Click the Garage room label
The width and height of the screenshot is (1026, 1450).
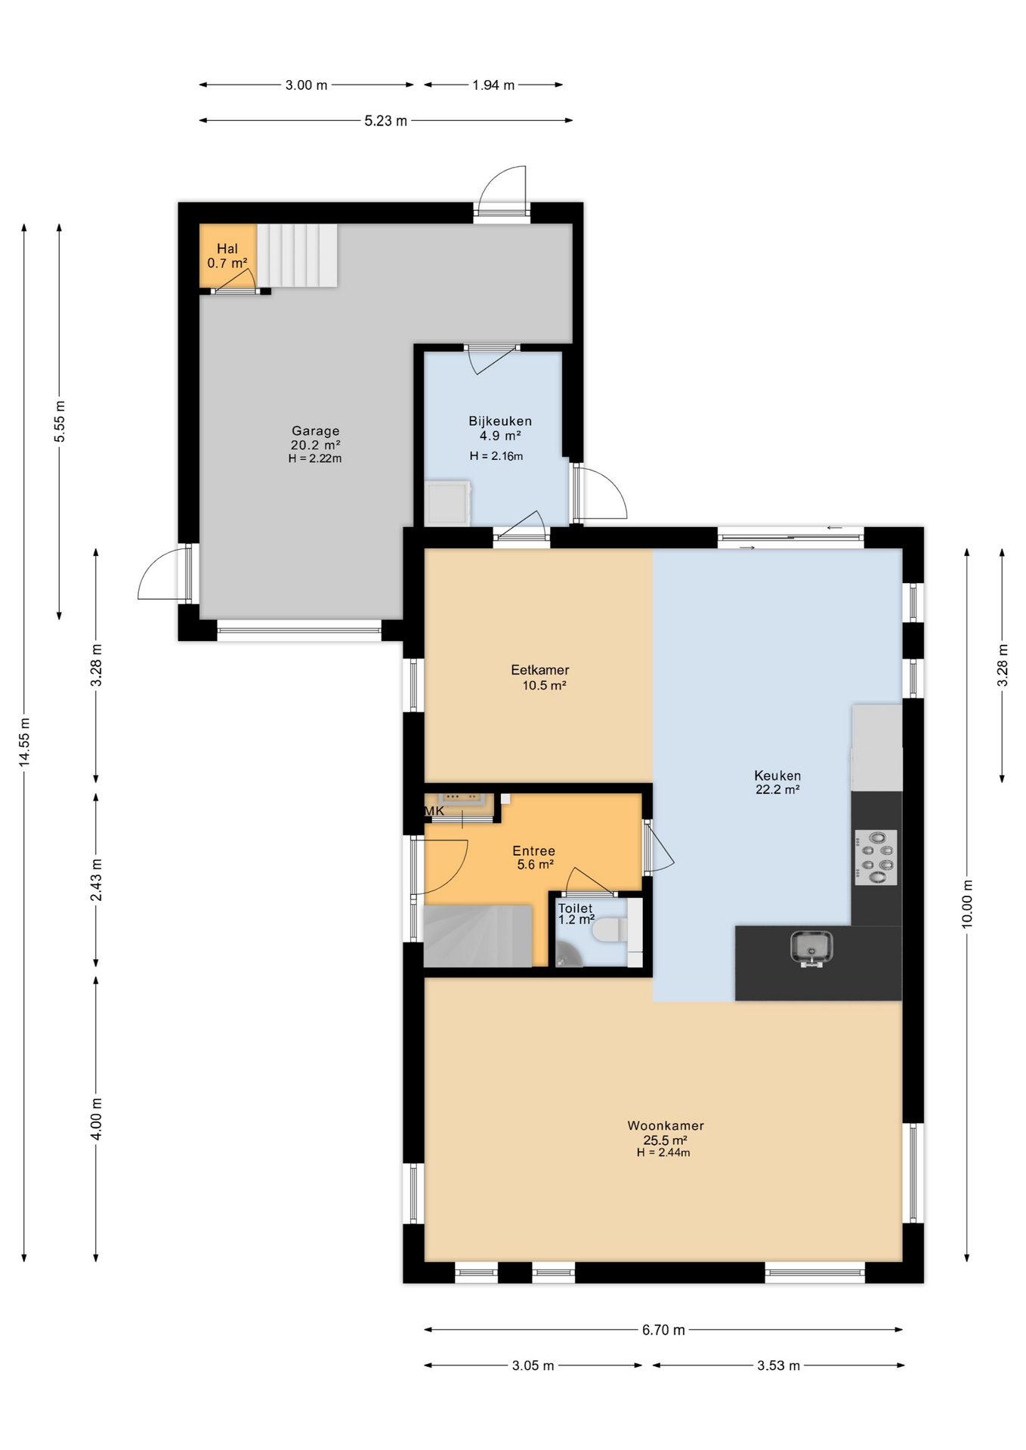click(x=316, y=431)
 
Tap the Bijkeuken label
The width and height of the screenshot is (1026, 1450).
click(x=500, y=421)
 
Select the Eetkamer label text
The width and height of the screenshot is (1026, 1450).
click(x=540, y=670)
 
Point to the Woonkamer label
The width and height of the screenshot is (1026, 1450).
click(x=666, y=1125)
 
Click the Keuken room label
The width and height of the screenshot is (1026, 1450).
click(x=777, y=776)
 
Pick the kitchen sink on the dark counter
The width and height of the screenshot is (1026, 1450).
click(x=811, y=949)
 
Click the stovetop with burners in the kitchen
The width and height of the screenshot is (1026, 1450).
click(x=876, y=857)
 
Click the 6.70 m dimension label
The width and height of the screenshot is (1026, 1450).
click(x=663, y=1330)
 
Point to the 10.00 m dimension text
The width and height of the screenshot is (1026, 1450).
click(x=967, y=904)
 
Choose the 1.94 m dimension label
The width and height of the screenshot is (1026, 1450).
click(x=493, y=85)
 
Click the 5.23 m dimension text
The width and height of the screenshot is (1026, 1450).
click(x=385, y=121)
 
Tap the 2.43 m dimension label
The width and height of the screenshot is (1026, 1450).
click(x=96, y=880)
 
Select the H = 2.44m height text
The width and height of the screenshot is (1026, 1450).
click(x=663, y=1153)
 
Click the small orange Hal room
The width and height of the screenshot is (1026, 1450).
click(x=227, y=255)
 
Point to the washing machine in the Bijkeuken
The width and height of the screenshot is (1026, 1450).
click(x=447, y=503)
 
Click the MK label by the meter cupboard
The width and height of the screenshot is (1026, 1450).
click(x=434, y=811)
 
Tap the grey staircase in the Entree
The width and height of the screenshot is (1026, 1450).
click(x=477, y=936)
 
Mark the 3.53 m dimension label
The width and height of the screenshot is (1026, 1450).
click(x=778, y=1365)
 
